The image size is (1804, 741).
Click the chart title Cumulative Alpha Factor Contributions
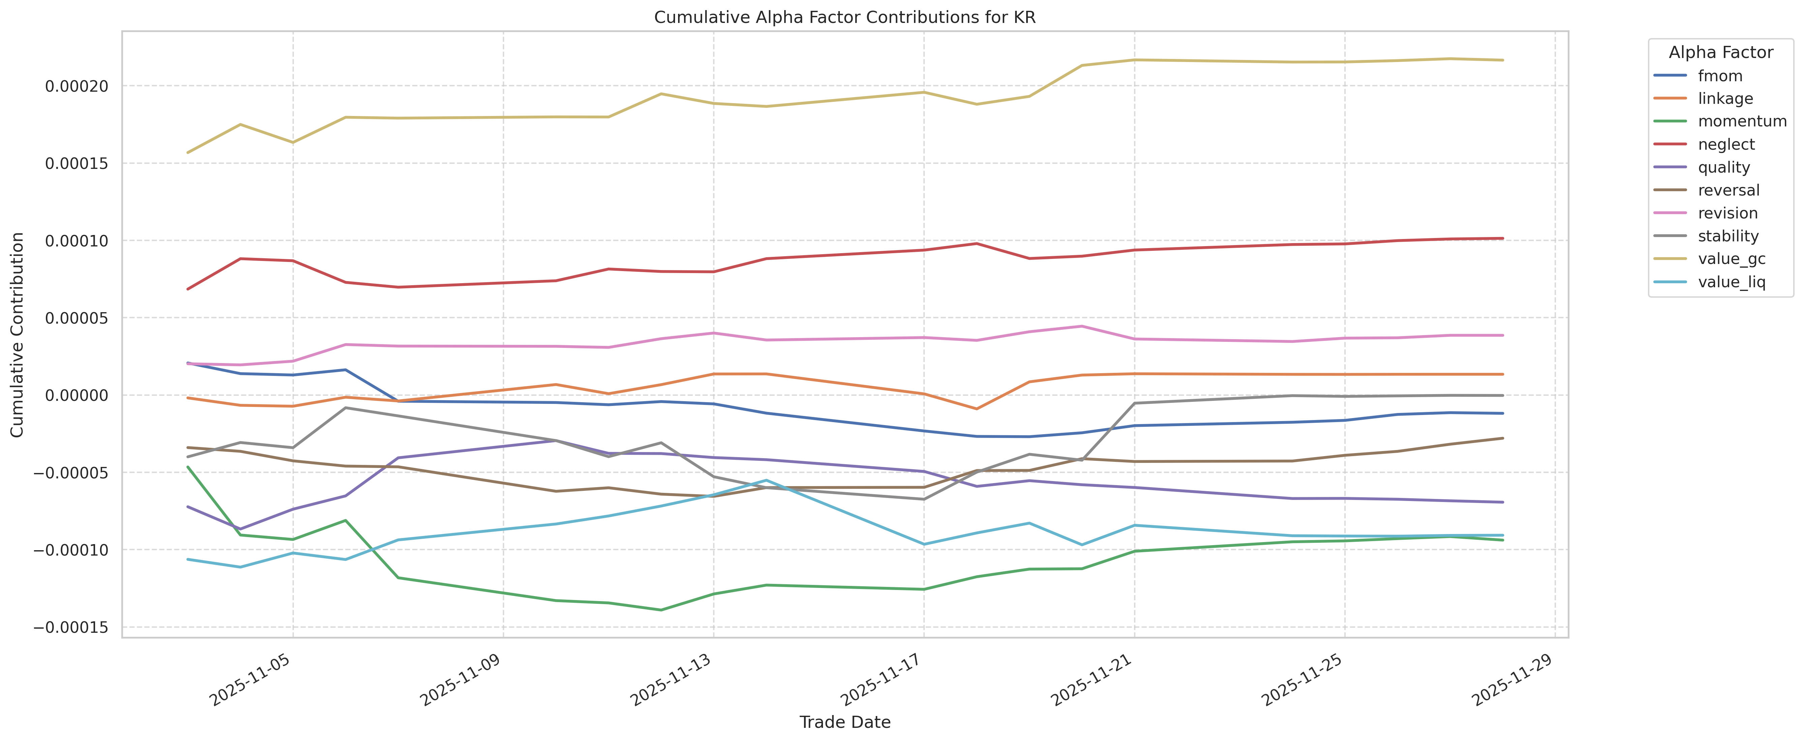coord(845,18)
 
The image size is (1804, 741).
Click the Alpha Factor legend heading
coord(1721,53)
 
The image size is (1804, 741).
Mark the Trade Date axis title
coord(845,722)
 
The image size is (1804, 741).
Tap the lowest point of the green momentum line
coord(661,610)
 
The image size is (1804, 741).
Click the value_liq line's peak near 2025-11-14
coord(766,480)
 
